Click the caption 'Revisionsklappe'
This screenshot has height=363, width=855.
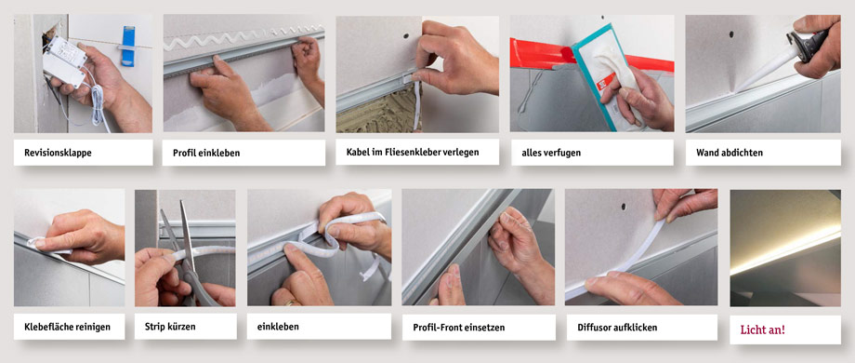pyautogui.click(x=58, y=153)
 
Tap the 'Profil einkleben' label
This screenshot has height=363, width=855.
pyautogui.click(x=206, y=153)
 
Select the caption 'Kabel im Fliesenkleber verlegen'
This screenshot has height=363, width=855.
pyautogui.click(x=413, y=152)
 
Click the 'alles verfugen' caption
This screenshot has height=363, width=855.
pyautogui.click(x=546, y=153)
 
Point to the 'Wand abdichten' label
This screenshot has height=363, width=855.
pyautogui.click(x=729, y=153)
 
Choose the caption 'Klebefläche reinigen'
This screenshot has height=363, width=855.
pyautogui.click(x=67, y=327)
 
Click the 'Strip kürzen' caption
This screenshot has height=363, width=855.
pyautogui.click(x=170, y=327)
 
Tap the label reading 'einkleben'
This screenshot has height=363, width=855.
pyautogui.click(x=278, y=327)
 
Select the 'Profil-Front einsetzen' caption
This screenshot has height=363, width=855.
pyautogui.click(x=458, y=328)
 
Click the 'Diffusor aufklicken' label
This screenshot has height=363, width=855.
pyautogui.click(x=617, y=328)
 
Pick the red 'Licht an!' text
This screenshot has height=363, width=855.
pyautogui.click(x=762, y=329)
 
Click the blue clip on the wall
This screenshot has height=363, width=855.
pyautogui.click(x=128, y=46)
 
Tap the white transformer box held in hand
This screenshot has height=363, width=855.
pyautogui.click(x=64, y=61)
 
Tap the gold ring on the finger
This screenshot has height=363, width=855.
pyautogui.click(x=291, y=302)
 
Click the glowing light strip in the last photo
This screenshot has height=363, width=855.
pyautogui.click(x=785, y=252)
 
